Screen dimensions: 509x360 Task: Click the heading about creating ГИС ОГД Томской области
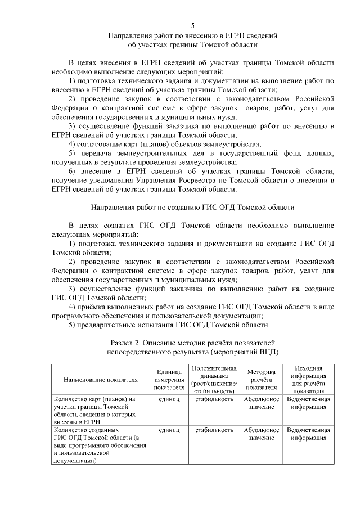pyautogui.click(x=193, y=206)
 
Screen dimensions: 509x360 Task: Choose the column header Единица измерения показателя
pyautogui.click(x=168, y=380)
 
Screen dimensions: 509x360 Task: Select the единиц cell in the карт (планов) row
pyautogui.click(x=168, y=399)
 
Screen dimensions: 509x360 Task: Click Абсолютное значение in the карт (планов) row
pyautogui.click(x=261, y=403)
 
